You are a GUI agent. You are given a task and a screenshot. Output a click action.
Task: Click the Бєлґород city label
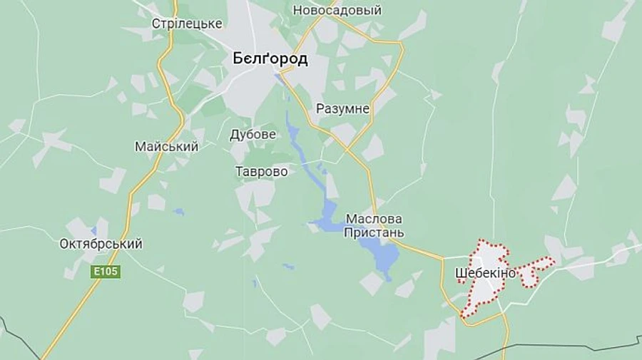270,59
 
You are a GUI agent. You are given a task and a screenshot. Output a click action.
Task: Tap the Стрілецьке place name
187,24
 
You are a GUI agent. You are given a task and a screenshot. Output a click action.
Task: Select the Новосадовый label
337,10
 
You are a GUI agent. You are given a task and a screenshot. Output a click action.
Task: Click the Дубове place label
253,134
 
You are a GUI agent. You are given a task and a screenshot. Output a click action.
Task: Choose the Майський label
166,146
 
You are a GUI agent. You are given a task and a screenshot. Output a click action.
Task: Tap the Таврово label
261,172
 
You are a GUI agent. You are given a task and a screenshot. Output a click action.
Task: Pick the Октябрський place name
101,244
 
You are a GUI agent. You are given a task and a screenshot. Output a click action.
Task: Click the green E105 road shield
106,272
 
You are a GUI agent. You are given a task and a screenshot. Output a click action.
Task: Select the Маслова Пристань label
374,225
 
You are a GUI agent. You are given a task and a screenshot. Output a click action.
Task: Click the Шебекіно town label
484,272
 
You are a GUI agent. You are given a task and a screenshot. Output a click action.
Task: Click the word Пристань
374,232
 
